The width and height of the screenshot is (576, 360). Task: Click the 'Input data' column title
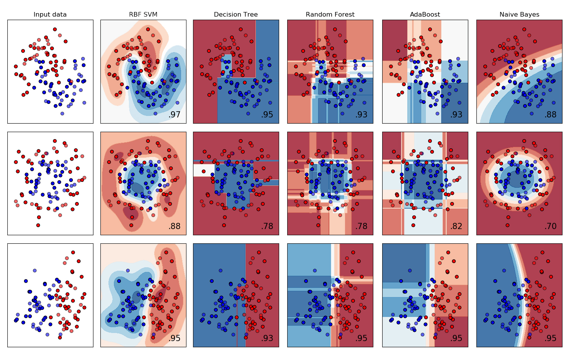click(x=50, y=15)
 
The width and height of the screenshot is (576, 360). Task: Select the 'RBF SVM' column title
click(x=143, y=15)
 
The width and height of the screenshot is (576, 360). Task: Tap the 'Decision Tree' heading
click(x=236, y=15)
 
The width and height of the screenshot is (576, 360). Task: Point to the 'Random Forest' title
click(x=330, y=15)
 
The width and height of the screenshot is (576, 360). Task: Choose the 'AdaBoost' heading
click(x=425, y=15)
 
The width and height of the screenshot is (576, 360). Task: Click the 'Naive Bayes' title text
click(x=519, y=15)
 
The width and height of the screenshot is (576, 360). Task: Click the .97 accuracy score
click(x=174, y=115)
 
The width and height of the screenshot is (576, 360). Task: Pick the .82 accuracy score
click(x=456, y=226)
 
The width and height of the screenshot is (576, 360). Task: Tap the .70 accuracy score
click(x=550, y=226)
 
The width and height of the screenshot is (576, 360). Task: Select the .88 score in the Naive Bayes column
click(x=550, y=115)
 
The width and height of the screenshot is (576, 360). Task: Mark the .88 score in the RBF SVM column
click(x=174, y=226)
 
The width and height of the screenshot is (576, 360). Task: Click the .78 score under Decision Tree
click(x=267, y=226)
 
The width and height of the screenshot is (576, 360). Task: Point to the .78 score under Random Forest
click(x=361, y=226)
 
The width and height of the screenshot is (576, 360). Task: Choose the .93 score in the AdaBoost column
click(x=456, y=115)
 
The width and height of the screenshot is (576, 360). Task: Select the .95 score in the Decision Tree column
click(x=267, y=115)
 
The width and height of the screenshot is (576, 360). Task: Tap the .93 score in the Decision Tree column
click(x=267, y=338)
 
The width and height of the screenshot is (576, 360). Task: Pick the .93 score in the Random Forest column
click(x=361, y=115)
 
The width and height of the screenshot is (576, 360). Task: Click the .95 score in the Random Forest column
click(x=361, y=338)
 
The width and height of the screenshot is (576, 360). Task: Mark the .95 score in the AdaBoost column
click(x=456, y=338)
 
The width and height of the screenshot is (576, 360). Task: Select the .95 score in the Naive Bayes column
click(x=550, y=338)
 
